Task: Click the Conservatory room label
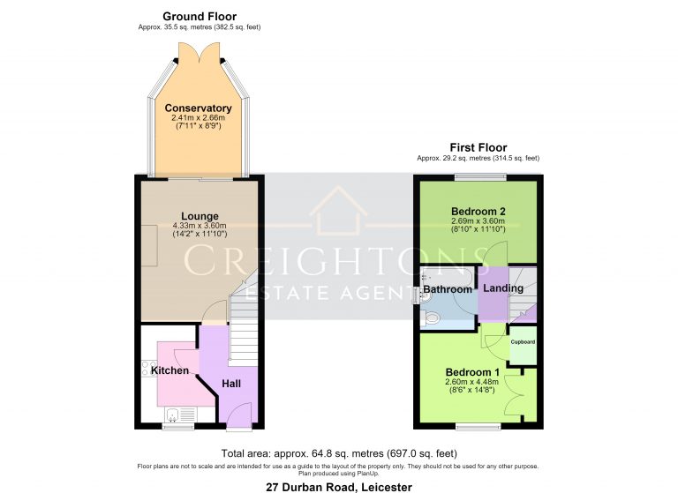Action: (198, 108)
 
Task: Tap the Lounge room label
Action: (200, 216)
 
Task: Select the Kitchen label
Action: (169, 370)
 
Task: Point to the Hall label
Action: (231, 384)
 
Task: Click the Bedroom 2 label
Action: (478, 212)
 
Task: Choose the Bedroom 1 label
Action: (472, 372)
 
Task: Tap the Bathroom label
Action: (448, 289)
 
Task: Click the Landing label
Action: (503, 288)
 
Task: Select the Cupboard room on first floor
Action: (523, 345)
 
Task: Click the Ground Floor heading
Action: (200, 17)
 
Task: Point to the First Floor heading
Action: (478, 148)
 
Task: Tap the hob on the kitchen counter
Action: (149, 368)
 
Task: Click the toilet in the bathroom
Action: (430, 319)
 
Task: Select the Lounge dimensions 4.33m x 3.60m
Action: (200, 226)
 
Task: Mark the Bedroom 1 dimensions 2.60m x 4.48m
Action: (471, 382)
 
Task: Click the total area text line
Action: (339, 453)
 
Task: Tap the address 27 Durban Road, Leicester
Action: (339, 488)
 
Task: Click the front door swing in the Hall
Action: (239, 415)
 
